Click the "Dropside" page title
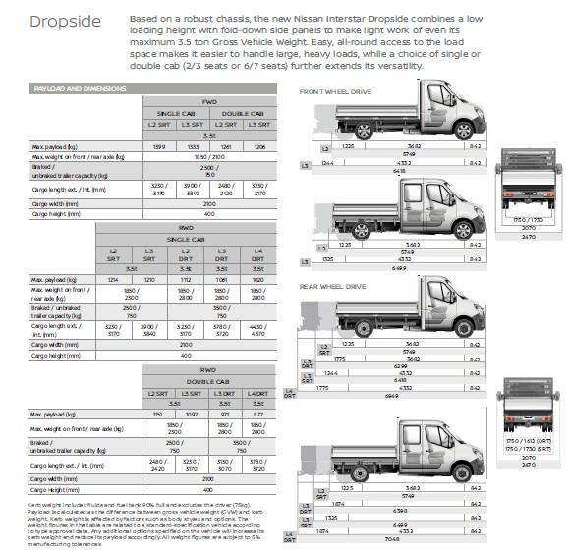66,23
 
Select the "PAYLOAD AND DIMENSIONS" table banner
80,88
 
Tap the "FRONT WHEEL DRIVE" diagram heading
335,90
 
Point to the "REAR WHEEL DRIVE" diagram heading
332,287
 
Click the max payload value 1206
259,146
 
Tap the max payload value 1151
158,415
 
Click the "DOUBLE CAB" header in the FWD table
243,112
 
